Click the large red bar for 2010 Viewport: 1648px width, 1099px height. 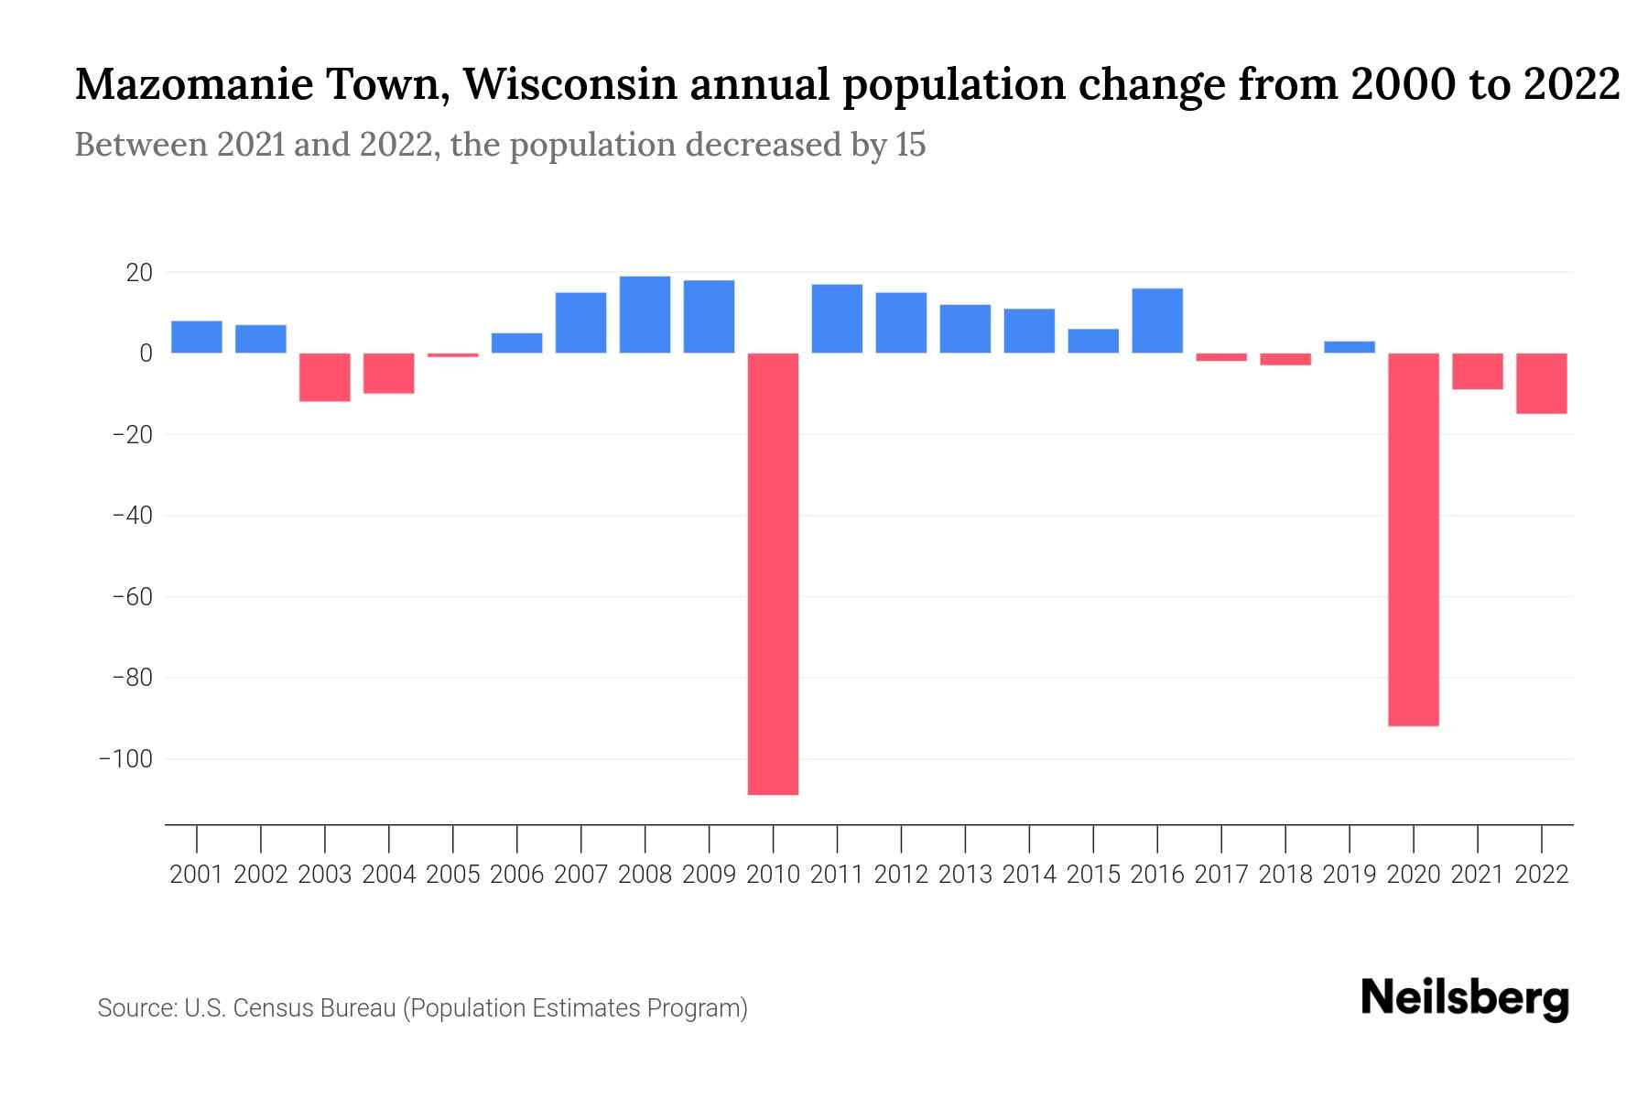773,573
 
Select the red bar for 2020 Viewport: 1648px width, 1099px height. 1413,539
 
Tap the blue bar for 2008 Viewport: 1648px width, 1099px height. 645,314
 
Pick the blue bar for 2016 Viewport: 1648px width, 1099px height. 1157,321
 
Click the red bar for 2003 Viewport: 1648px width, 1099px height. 325,377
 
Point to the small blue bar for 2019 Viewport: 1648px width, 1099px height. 1349,347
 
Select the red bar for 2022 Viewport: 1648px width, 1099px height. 1541,383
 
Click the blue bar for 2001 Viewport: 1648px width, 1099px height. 197,336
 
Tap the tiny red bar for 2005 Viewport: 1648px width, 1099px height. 452,354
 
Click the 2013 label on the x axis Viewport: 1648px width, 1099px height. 965,875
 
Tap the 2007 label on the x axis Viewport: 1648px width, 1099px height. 580,875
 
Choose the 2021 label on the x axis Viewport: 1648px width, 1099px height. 1477,875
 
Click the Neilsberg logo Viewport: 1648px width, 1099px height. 1465,999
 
